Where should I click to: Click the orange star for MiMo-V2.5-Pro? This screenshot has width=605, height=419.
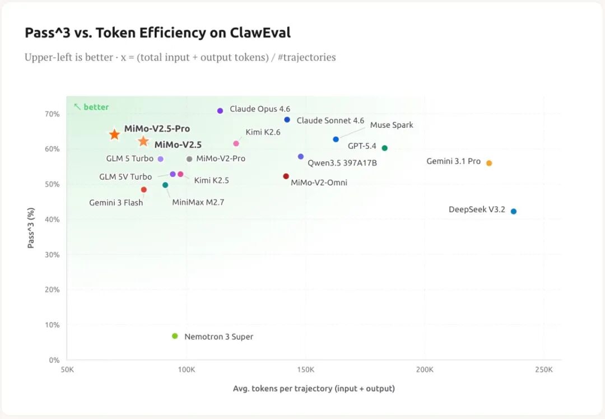(114, 134)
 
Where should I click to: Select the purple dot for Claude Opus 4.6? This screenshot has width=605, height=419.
(220, 111)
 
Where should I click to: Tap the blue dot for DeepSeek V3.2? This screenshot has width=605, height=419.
(514, 211)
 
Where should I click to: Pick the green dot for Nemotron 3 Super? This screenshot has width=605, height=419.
(175, 336)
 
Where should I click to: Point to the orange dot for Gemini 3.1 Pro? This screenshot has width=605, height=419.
(489, 163)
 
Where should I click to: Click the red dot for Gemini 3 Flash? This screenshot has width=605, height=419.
(144, 190)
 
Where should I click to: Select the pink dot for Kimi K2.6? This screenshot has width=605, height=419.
(236, 143)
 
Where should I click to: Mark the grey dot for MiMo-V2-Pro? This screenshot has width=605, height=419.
(189, 159)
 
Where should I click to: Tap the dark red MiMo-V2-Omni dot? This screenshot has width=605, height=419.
(286, 176)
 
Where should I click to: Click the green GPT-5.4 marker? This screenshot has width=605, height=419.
(385, 148)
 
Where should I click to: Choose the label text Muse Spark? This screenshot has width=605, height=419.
(392, 125)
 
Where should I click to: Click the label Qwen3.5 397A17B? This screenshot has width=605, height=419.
(342, 163)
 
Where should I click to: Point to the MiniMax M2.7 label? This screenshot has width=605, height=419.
(198, 202)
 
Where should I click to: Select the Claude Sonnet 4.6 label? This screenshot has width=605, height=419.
(331, 120)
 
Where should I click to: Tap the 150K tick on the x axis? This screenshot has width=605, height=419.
(305, 370)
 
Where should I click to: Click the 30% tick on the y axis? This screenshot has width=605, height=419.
(52, 254)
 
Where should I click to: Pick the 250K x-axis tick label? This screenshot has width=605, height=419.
(543, 370)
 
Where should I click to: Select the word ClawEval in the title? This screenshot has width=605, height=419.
(260, 33)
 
